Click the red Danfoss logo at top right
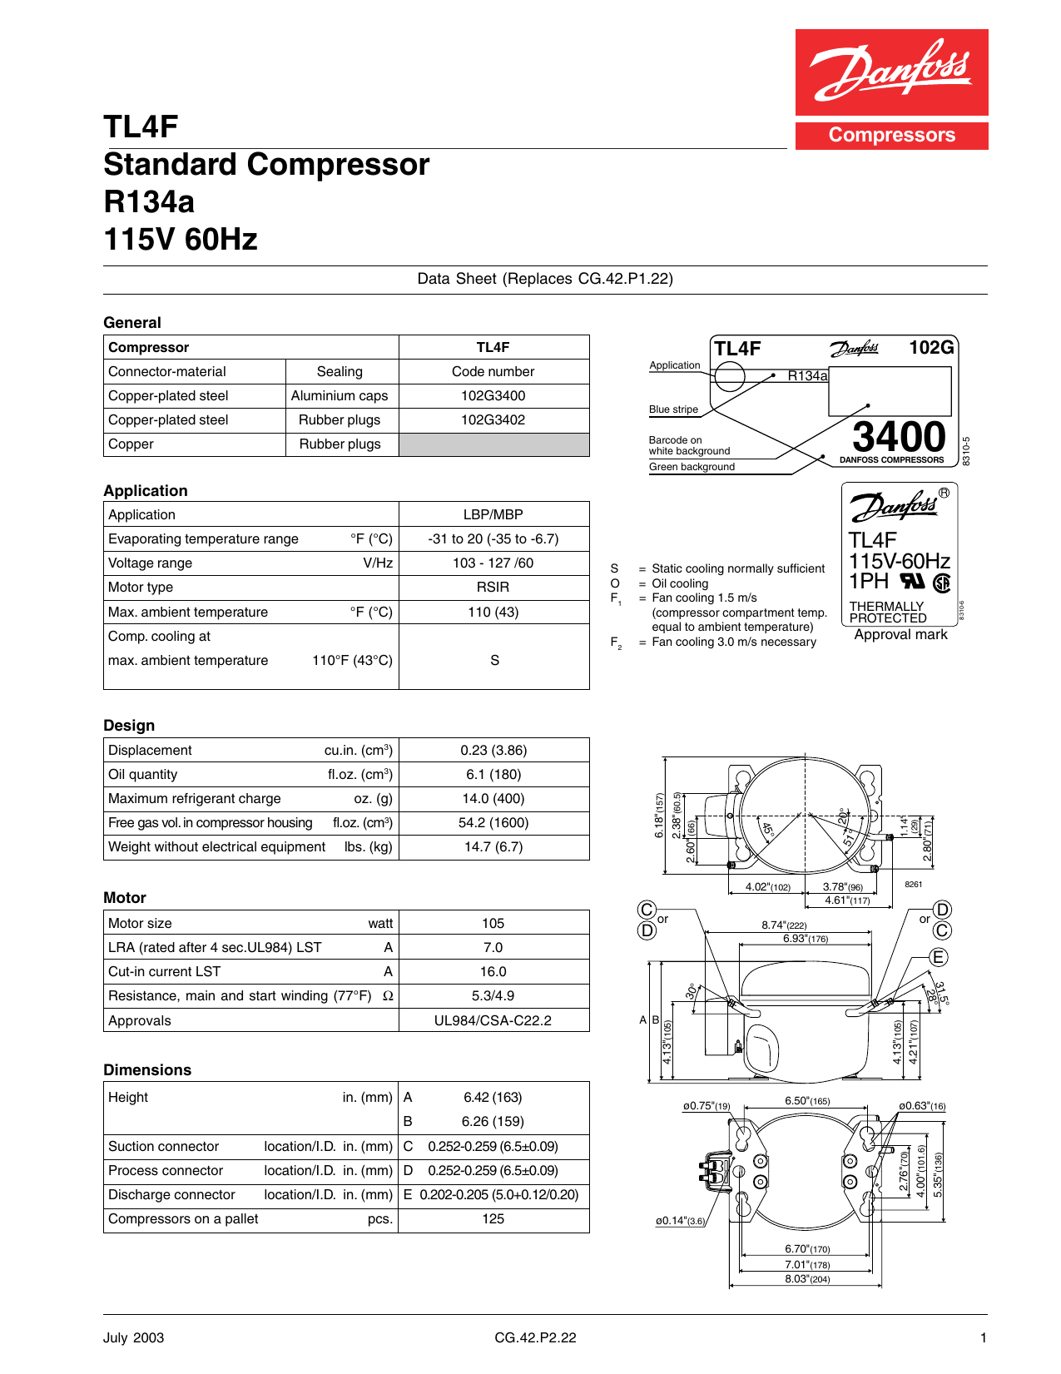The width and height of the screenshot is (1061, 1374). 891,73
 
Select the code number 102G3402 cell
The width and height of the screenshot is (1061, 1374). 493,420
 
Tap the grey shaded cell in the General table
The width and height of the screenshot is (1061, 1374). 493,444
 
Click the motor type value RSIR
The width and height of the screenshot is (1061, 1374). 493,588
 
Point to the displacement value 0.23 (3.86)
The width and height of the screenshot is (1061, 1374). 493,751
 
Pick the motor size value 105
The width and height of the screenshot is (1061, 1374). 493,924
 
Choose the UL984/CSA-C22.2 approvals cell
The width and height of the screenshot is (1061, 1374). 493,1021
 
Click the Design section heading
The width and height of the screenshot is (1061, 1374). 129,726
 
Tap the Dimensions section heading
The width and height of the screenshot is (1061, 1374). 147,1070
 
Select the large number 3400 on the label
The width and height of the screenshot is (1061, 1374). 899,436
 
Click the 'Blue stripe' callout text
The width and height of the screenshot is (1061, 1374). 673,409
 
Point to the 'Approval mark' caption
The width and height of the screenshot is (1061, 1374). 900,635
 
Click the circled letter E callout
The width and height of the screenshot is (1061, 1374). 939,957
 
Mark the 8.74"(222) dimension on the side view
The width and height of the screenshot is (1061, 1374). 784,925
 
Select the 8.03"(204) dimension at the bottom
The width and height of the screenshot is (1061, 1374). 807,1279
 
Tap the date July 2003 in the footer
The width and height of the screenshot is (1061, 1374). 133,1338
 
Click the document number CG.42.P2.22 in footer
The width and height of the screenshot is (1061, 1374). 535,1338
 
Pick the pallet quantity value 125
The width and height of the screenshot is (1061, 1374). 493,1219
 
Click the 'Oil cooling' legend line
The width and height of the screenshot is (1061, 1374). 680,584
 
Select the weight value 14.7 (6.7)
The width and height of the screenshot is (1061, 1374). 493,847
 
